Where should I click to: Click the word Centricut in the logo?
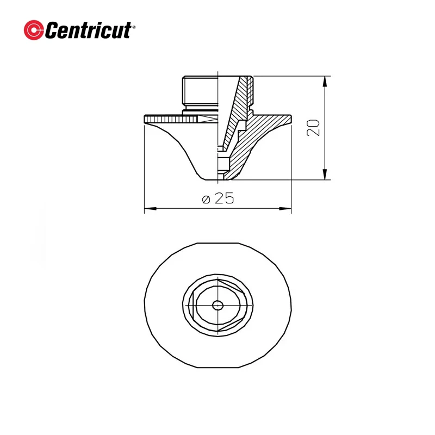coord(87,30)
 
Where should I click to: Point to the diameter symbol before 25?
coord(206,200)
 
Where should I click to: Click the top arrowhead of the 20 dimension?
coord(325,81)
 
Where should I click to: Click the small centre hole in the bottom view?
coord(217,305)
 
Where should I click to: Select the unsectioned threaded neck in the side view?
coord(199,94)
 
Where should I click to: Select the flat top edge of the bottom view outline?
coord(217,243)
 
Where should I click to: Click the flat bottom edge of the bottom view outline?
coord(217,368)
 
